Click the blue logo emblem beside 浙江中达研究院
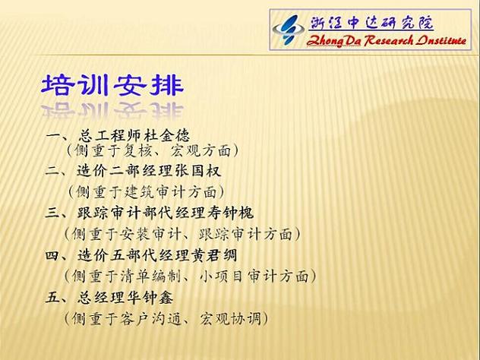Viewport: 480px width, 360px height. tap(288, 30)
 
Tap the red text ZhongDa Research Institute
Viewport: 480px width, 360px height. tap(387, 40)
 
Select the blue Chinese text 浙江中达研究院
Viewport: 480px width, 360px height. tap(372, 22)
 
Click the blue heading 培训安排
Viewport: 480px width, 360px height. tap(112, 84)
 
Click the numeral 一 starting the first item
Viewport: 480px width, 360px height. tap(52, 136)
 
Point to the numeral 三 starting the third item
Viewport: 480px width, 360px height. tap(52, 213)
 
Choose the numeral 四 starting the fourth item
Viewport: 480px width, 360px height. tap(52, 255)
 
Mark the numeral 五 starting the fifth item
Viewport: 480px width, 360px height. tap(52, 297)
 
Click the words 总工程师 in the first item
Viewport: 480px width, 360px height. tap(109, 135)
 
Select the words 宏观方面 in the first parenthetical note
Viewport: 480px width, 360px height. tap(201, 150)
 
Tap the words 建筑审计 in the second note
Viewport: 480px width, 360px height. tap(154, 192)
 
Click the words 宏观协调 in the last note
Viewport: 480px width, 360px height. tap(230, 319)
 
